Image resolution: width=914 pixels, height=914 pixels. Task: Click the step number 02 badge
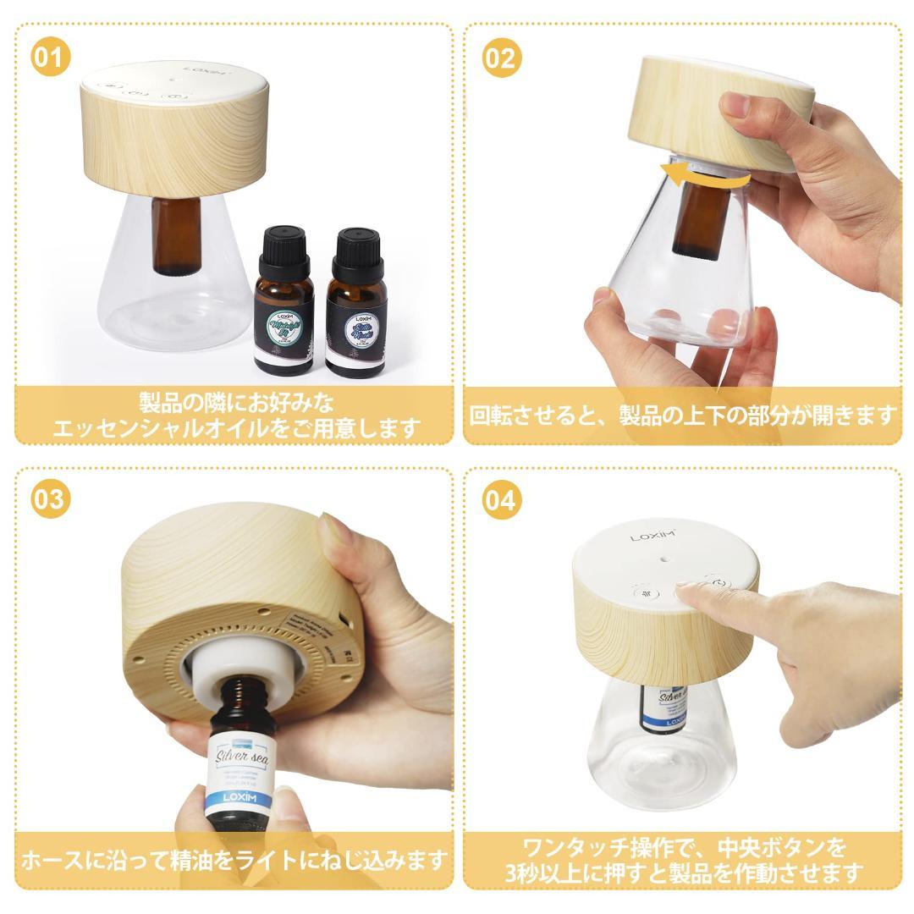[x=502, y=58]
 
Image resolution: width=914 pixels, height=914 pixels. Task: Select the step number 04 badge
[x=502, y=498]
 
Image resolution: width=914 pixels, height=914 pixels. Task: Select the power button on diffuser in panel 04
[x=718, y=583]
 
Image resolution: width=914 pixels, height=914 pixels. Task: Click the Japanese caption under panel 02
[x=682, y=415]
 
